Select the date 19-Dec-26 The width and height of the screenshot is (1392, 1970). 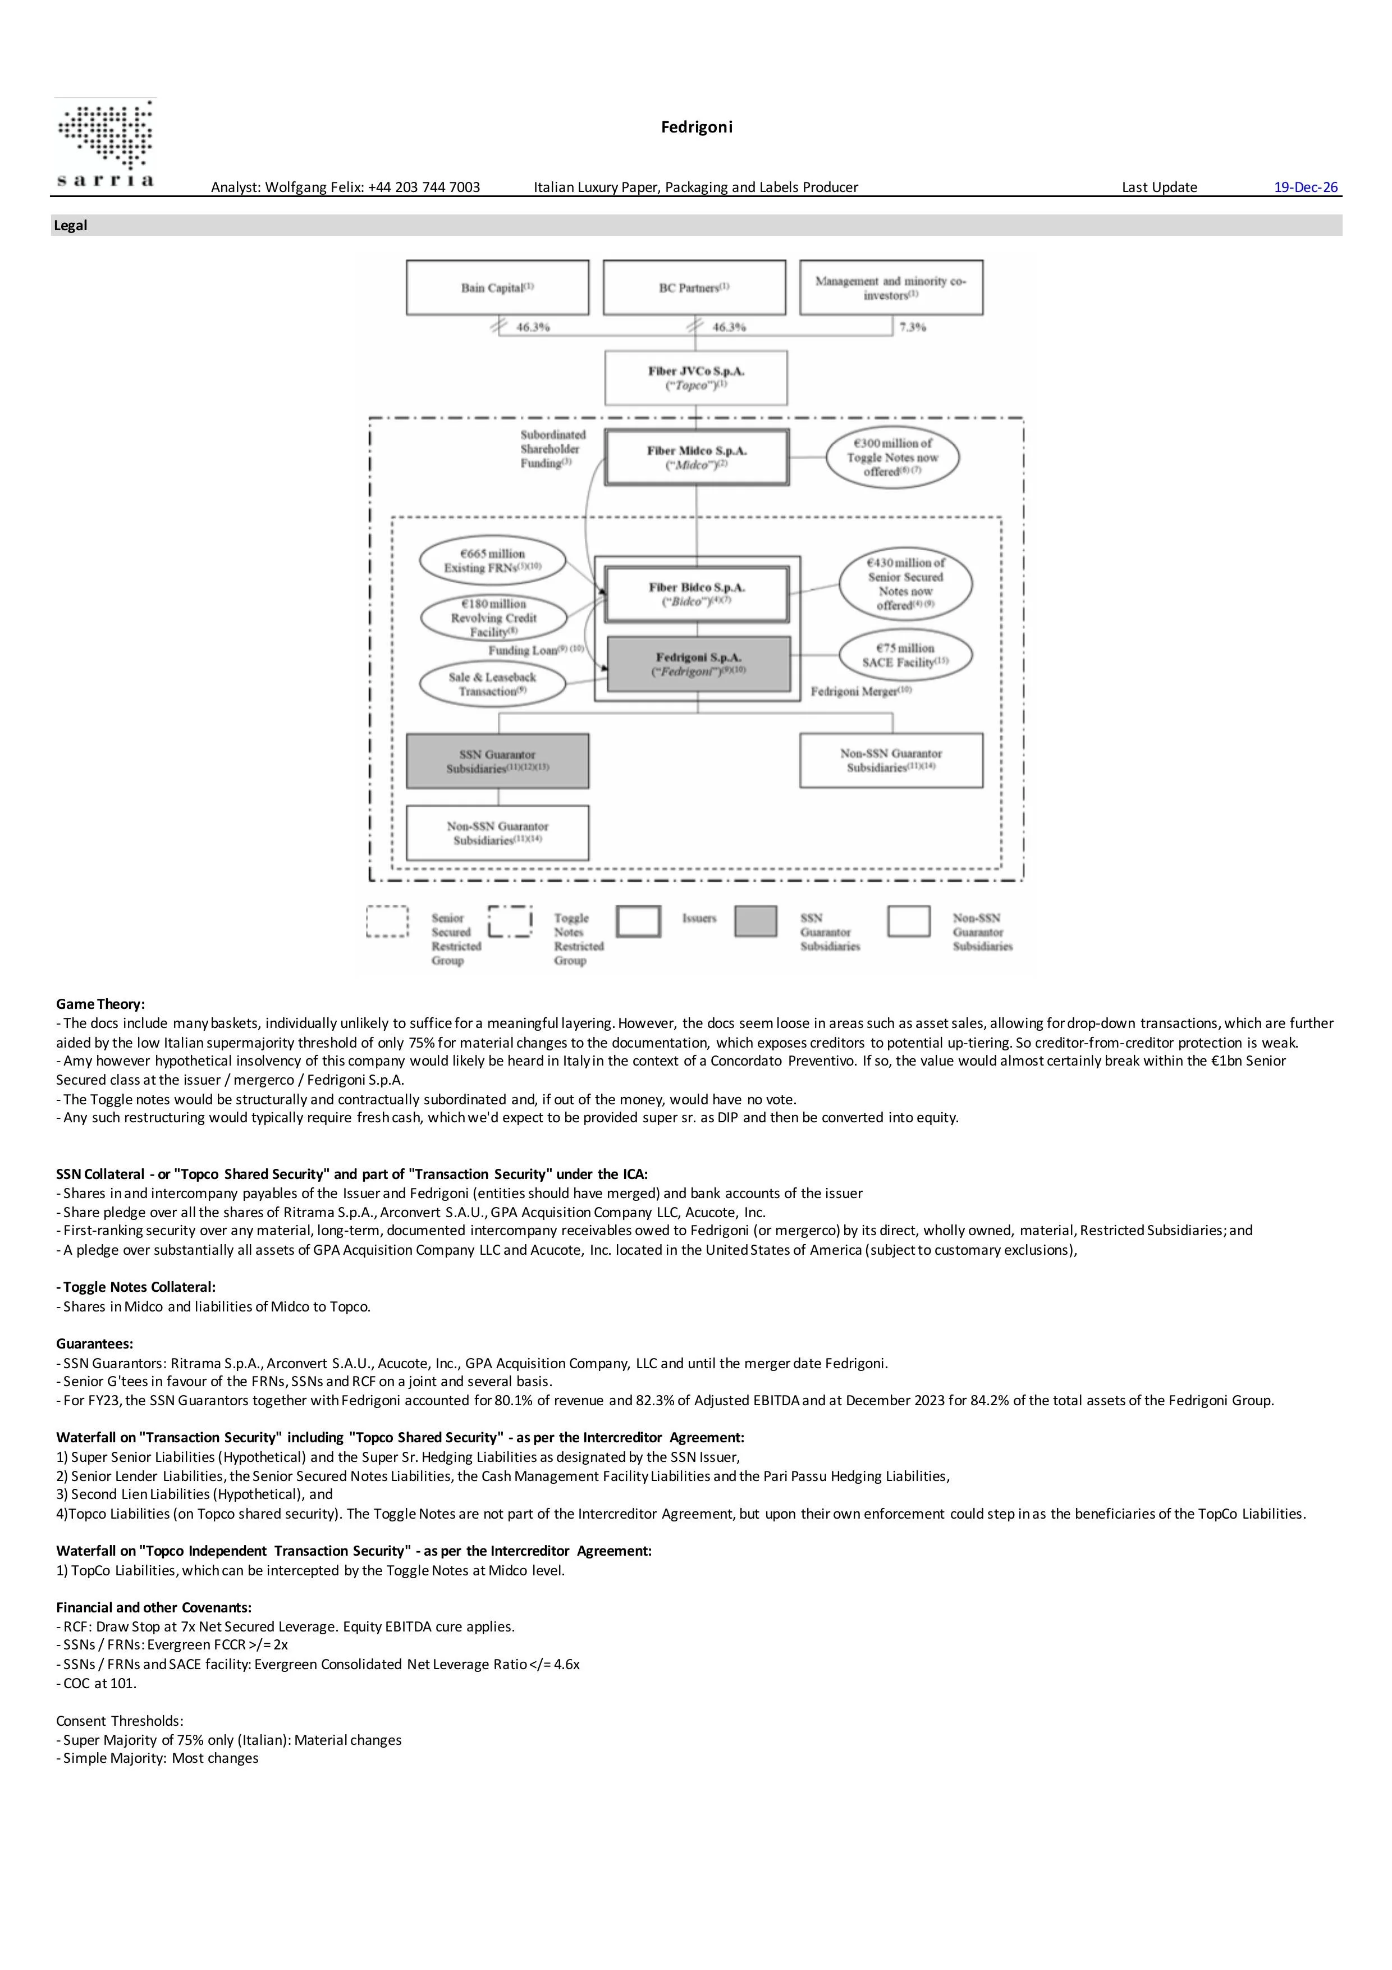pyautogui.click(x=1306, y=187)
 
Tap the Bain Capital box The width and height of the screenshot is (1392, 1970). pyautogui.click(x=497, y=287)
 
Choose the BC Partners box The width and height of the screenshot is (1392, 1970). pyautogui.click(x=694, y=287)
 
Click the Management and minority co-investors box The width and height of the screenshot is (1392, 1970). pyautogui.click(x=891, y=287)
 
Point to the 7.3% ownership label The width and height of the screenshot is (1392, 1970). pyautogui.click(x=913, y=327)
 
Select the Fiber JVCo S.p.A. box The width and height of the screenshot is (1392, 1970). pyautogui.click(x=695, y=377)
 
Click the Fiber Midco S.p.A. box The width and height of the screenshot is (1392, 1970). pyautogui.click(x=697, y=458)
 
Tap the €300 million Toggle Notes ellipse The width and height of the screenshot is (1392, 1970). pyautogui.click(x=892, y=458)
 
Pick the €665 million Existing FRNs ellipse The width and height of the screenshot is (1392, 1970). pyautogui.click(x=492, y=560)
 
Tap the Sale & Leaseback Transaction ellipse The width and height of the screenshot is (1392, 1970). pyautogui.click(x=492, y=684)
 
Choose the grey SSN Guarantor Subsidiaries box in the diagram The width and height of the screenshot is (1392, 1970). pyautogui.click(x=497, y=761)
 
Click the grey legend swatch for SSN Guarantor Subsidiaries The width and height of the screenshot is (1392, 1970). pyautogui.click(x=755, y=921)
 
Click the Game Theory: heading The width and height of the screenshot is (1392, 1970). pyautogui.click(x=100, y=1004)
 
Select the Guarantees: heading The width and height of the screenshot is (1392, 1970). pyautogui.click(x=94, y=1343)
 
